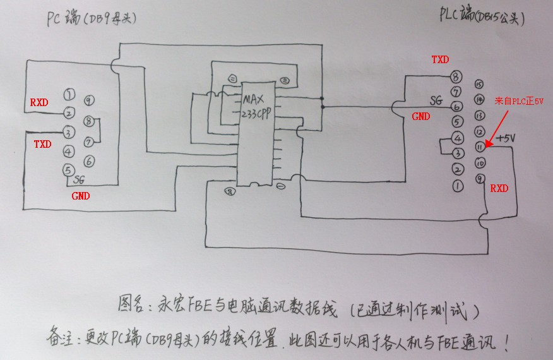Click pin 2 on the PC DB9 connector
(x=69, y=114)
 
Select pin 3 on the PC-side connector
(x=69, y=132)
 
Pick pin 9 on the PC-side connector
(x=89, y=100)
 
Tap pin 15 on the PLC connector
(x=479, y=84)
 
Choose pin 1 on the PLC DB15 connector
(x=458, y=185)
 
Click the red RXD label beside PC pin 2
(x=40, y=102)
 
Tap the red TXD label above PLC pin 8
(x=440, y=60)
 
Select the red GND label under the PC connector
(x=80, y=196)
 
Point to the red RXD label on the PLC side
(x=499, y=188)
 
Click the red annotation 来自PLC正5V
(x=520, y=100)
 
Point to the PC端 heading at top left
(x=62, y=19)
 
